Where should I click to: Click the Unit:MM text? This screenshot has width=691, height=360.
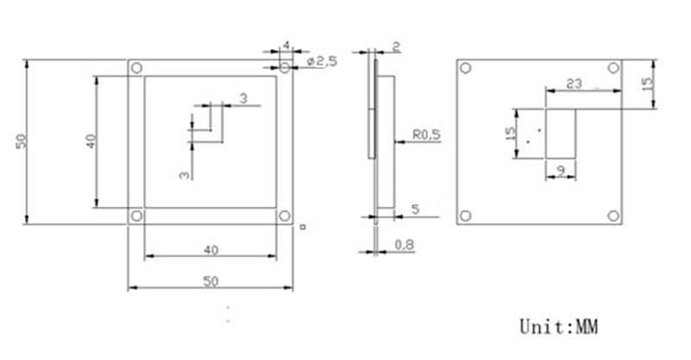(x=558, y=326)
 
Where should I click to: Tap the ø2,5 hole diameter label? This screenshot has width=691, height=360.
(x=322, y=61)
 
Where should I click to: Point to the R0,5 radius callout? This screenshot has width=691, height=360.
(x=426, y=135)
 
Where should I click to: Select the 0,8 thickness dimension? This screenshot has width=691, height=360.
(x=404, y=244)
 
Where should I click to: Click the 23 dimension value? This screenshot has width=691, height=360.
(x=574, y=83)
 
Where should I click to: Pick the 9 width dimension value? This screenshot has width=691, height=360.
(x=561, y=171)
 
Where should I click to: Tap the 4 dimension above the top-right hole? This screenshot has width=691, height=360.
(x=287, y=46)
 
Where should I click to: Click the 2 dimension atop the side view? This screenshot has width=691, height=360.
(x=396, y=47)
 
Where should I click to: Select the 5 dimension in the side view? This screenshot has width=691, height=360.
(x=415, y=209)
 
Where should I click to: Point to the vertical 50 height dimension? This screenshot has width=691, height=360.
(x=21, y=141)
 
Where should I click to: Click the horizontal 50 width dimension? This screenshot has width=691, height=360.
(x=211, y=281)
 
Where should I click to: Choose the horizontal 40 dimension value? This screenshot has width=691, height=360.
(x=211, y=250)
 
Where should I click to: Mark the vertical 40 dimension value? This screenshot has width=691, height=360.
(x=91, y=141)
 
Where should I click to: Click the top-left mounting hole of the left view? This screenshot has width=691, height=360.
(x=136, y=68)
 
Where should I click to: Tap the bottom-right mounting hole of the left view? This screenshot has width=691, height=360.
(x=285, y=216)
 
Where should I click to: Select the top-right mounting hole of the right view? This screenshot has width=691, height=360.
(x=613, y=68)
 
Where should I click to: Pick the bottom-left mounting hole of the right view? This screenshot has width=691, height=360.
(x=466, y=216)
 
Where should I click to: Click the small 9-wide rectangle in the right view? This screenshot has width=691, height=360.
(x=561, y=134)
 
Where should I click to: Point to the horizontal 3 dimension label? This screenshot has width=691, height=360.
(x=244, y=98)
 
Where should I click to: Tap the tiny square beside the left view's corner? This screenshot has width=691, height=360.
(x=303, y=227)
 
